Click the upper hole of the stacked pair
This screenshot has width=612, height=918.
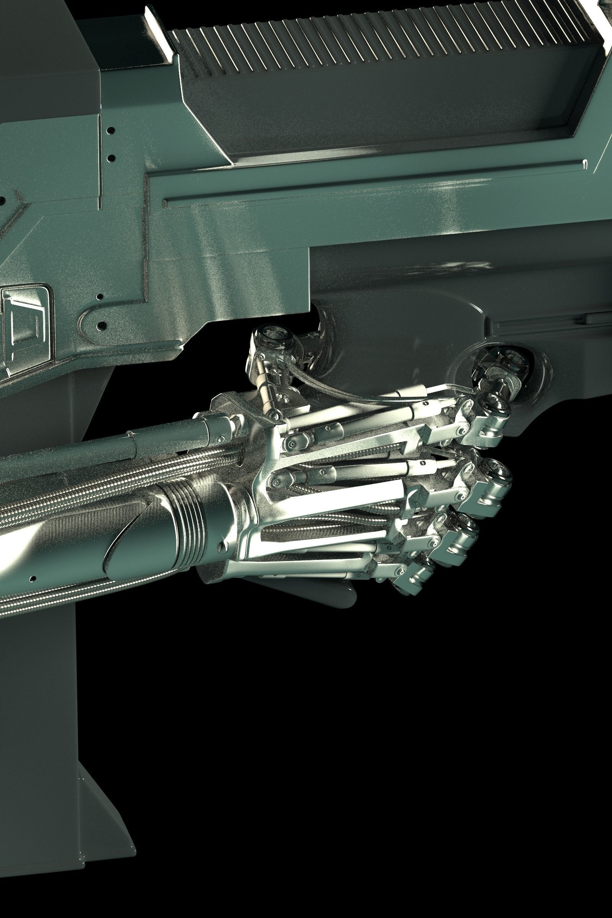point(112,130)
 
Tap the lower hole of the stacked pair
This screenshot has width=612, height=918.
point(111,158)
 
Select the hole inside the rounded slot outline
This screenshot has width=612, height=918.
point(102,324)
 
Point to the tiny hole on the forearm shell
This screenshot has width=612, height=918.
point(33,578)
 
